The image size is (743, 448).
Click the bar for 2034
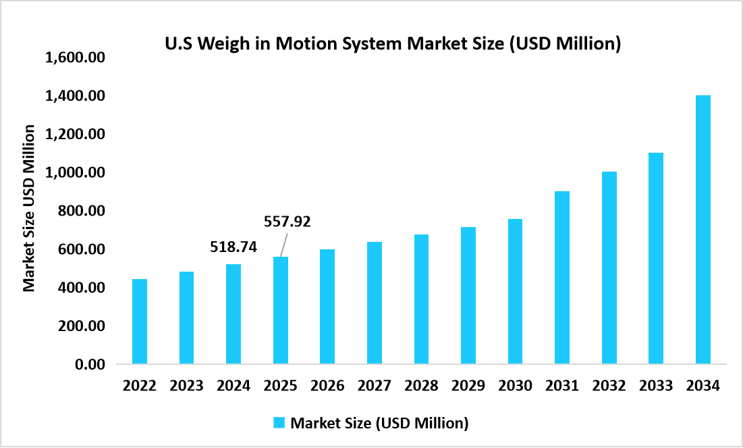(703, 230)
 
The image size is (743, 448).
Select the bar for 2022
(140, 322)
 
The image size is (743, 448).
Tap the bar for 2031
(561, 278)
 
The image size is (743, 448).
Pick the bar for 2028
(421, 299)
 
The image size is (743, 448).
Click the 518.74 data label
(233, 247)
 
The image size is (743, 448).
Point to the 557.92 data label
(287, 222)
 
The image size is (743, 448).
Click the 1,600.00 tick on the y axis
(75, 58)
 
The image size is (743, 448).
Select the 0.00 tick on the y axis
(90, 365)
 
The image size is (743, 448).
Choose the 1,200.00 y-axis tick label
(75, 134)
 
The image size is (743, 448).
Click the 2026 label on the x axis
(327, 386)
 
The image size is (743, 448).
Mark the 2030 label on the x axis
(515, 386)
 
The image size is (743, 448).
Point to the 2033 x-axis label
(656, 386)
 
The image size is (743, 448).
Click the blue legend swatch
(279, 423)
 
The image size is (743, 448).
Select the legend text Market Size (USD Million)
(379, 424)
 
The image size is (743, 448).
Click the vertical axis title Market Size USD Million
(29, 207)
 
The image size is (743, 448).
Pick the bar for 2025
(280, 310)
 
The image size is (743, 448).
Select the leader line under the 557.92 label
(284, 244)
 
